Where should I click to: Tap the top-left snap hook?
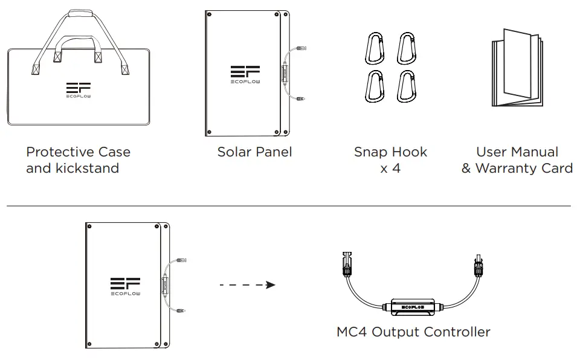(x=373, y=49)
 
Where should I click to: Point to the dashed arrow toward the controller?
(x=247, y=284)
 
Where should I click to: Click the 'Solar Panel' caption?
(x=254, y=152)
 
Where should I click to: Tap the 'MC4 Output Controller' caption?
(x=413, y=332)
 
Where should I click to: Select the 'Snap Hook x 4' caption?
(x=390, y=160)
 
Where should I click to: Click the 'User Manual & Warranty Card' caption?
(x=517, y=160)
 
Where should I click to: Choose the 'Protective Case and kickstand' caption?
(x=78, y=160)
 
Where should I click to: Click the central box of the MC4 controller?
(x=413, y=307)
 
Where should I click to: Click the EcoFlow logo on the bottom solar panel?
(x=125, y=286)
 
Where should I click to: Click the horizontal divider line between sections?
(x=288, y=206)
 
